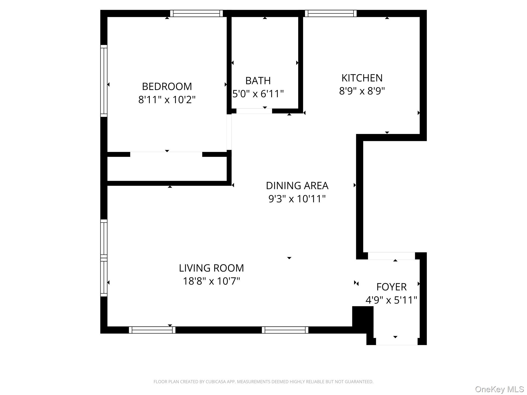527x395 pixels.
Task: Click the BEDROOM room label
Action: click(167, 86)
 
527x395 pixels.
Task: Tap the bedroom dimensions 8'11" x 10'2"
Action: click(167, 100)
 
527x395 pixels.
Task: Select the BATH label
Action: click(258, 81)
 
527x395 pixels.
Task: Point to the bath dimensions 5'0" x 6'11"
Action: click(258, 94)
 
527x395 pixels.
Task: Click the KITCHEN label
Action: click(362, 78)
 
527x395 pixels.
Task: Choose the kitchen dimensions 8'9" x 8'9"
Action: click(362, 91)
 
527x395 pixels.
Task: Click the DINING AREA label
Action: click(297, 185)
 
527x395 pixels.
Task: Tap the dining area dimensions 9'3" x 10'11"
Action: click(297, 199)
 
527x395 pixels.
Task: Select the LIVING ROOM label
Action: click(211, 268)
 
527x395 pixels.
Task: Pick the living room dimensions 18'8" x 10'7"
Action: click(211, 281)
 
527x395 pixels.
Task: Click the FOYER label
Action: click(391, 287)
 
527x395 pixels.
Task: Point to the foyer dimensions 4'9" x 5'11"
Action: click(391, 300)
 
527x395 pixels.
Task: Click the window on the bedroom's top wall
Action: click(196, 13)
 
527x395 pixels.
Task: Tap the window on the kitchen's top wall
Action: click(331, 13)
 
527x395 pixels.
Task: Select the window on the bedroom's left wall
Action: click(104, 81)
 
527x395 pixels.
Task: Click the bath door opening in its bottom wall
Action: click(254, 111)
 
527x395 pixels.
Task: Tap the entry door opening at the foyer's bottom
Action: click(397, 342)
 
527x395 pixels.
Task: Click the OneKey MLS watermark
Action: click(499, 389)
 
